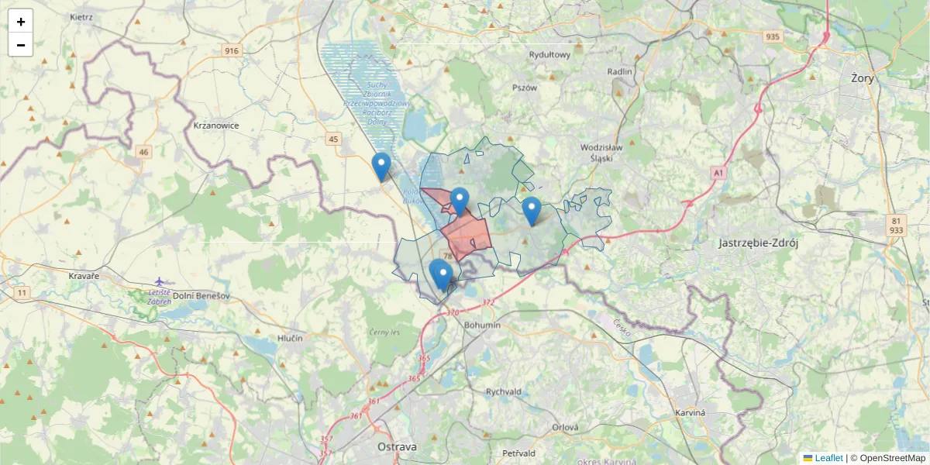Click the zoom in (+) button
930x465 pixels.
pyautogui.click(x=21, y=22)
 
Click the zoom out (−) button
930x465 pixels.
pyautogui.click(x=21, y=45)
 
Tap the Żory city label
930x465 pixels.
pyautogui.click(x=862, y=78)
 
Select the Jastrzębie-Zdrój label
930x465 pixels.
pyautogui.click(x=758, y=243)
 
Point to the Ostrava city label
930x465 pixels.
pyautogui.click(x=397, y=447)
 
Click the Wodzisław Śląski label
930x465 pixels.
pyautogui.click(x=601, y=152)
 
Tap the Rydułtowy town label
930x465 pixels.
pyautogui.click(x=549, y=55)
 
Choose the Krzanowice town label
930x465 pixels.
pyautogui.click(x=216, y=126)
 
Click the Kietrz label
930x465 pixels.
pyautogui.click(x=81, y=16)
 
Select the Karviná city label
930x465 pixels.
pyautogui.click(x=690, y=412)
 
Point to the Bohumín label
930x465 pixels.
pyautogui.click(x=482, y=325)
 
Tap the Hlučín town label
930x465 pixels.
pyautogui.click(x=290, y=339)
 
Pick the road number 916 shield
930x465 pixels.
pyautogui.click(x=232, y=51)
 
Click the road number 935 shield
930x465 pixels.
pyautogui.click(x=772, y=36)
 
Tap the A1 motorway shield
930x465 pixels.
pyautogui.click(x=718, y=173)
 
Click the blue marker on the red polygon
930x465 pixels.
pyautogui.click(x=460, y=201)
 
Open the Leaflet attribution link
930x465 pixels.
pyautogui.click(x=828, y=458)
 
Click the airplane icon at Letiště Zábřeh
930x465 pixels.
pyautogui.click(x=160, y=281)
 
